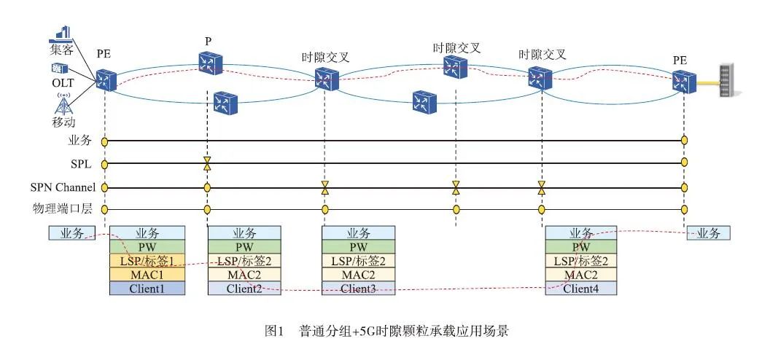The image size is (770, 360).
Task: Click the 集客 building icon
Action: (x=63, y=33)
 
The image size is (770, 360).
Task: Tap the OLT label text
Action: (x=63, y=82)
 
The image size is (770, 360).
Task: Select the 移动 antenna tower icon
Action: (x=64, y=103)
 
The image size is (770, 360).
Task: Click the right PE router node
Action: (x=684, y=78)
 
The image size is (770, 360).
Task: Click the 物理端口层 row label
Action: (x=64, y=210)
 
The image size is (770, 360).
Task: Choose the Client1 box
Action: (x=147, y=289)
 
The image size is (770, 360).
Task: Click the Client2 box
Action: (x=244, y=289)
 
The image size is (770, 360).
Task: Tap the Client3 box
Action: (x=358, y=289)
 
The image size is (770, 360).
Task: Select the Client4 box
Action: (x=581, y=289)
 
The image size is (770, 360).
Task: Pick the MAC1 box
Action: (x=147, y=275)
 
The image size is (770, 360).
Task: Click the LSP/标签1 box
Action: (x=147, y=261)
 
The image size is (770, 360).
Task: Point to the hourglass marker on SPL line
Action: (x=207, y=163)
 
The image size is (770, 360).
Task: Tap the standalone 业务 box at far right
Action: (x=709, y=233)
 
